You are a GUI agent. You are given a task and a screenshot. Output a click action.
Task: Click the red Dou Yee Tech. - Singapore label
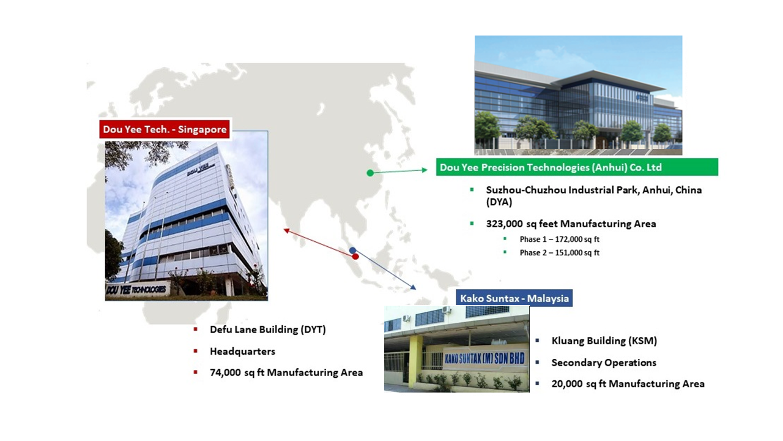[165, 129]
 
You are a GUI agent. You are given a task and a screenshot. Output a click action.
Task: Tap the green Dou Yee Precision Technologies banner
[577, 167]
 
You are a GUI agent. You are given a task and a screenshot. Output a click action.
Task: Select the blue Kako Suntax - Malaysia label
[514, 298]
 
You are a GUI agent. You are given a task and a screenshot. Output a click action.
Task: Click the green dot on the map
[370, 173]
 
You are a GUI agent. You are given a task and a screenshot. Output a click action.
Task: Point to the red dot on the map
[355, 257]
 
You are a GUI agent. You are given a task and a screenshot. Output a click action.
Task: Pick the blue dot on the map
[352, 251]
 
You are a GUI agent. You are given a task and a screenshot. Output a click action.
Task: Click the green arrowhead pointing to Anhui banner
[425, 170]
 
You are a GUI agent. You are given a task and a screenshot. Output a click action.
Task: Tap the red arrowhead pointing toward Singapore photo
[286, 231]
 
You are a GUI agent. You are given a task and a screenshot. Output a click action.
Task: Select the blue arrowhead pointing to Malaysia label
[413, 287]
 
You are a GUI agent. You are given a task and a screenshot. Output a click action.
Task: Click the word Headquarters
[242, 351]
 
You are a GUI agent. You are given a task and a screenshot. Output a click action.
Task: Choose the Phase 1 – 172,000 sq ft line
[559, 239]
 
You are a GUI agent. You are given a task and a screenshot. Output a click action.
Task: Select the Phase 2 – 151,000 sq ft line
[559, 253]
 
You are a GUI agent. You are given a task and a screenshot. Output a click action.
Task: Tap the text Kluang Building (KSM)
[604, 341]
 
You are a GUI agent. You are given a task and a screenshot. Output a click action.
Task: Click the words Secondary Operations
[604, 363]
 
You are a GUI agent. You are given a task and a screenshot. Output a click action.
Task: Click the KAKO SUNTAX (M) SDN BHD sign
[484, 358]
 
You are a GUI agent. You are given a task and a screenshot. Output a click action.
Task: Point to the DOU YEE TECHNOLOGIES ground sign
[137, 290]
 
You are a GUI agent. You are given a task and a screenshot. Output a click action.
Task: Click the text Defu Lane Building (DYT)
[268, 330]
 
